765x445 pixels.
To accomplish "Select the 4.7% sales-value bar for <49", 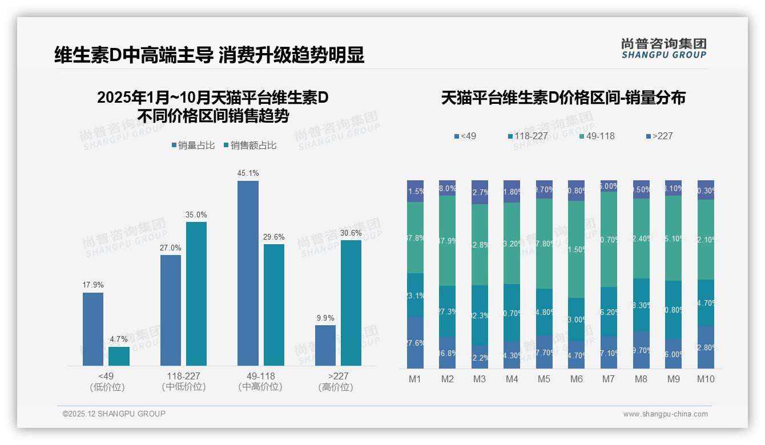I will (119, 356).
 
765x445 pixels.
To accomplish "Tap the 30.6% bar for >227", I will (351, 302).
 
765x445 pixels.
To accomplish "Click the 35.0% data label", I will (196, 215).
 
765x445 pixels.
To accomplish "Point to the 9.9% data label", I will (325, 318).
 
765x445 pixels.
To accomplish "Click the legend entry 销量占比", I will (192, 145).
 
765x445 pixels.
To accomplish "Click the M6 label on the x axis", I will (576, 379).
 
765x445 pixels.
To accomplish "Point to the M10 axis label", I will (706, 379).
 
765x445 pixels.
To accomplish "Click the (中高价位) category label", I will (260, 387).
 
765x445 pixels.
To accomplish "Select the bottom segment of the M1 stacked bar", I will (416, 342).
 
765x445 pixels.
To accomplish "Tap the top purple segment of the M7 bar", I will (609, 186).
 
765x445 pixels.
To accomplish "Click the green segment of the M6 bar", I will (576, 249).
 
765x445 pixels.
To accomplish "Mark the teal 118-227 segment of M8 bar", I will (641, 305).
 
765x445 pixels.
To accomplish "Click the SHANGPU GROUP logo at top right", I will (663, 48).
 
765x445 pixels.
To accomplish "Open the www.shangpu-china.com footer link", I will (665, 414).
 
